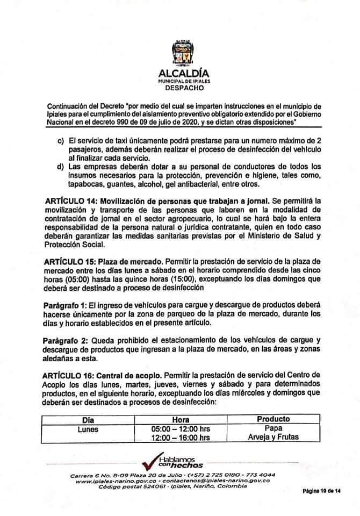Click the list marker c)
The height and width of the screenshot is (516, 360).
[x=61, y=141]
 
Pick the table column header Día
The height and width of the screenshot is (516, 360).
[x=88, y=419]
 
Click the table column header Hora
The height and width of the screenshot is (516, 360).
[x=181, y=419]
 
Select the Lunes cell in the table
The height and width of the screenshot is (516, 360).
[x=88, y=428]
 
